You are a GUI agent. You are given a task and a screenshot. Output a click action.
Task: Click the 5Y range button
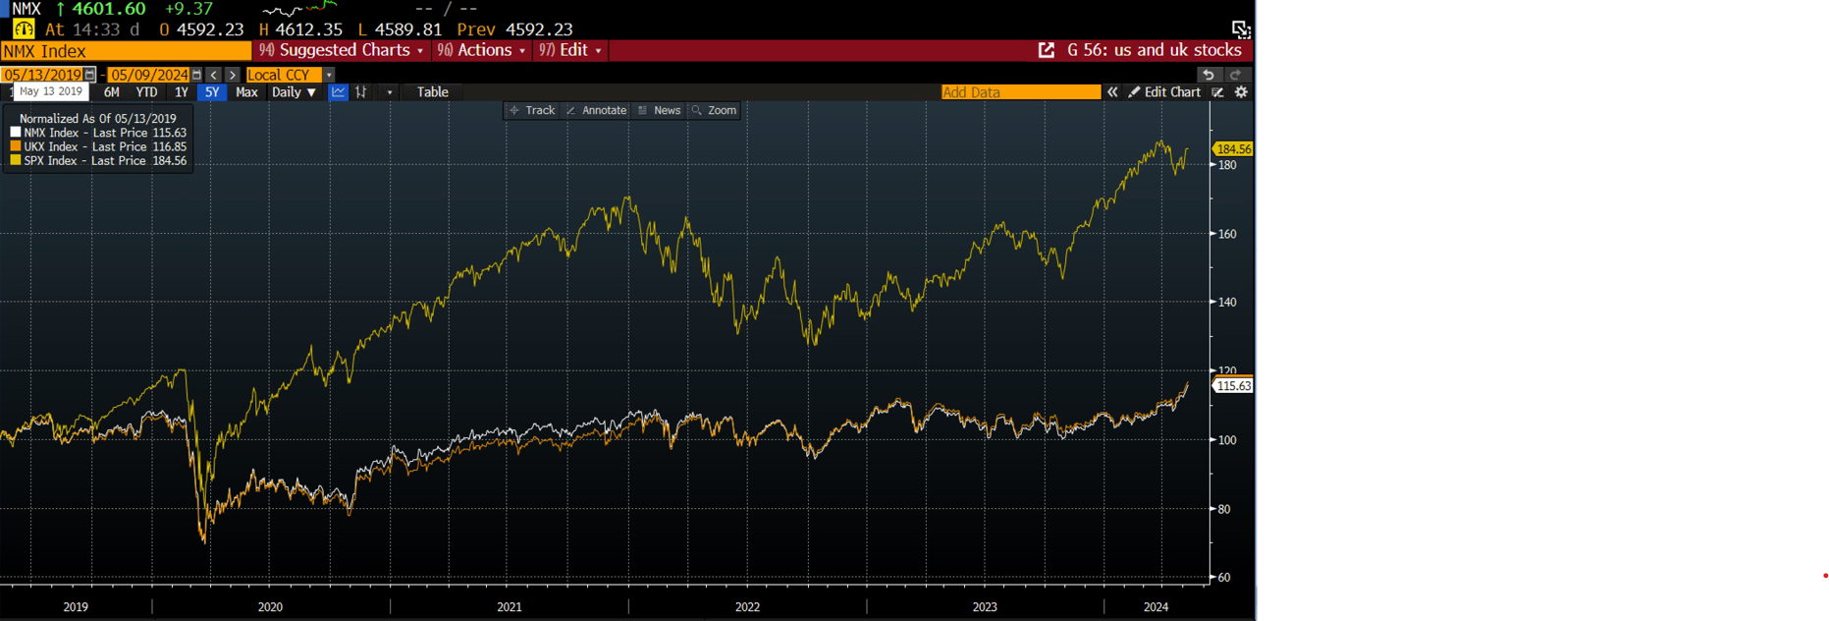(211, 92)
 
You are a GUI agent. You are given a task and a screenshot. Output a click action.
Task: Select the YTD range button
(146, 92)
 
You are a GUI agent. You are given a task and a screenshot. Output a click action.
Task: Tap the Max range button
(246, 92)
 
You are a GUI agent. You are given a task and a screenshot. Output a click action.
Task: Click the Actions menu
(482, 50)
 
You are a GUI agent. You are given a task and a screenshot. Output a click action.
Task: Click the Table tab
(432, 92)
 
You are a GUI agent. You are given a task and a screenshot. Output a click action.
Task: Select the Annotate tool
(597, 110)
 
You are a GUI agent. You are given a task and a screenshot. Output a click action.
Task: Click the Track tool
(533, 110)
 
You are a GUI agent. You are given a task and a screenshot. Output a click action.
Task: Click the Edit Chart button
(1165, 92)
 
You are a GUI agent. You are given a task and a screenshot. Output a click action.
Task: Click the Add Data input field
(1020, 92)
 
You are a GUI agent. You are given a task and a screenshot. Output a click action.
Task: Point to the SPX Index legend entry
(98, 161)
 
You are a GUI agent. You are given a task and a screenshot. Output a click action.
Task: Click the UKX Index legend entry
(98, 146)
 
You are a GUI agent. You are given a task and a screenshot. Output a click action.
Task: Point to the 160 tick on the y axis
(1226, 234)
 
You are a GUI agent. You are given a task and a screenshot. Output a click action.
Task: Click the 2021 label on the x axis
(510, 607)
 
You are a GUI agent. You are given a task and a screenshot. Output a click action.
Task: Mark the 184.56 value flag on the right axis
(1233, 149)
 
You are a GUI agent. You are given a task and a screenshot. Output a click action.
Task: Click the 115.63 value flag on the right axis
(1233, 386)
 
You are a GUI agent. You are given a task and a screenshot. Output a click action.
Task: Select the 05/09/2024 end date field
(149, 75)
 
